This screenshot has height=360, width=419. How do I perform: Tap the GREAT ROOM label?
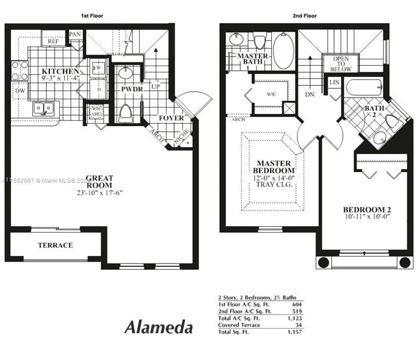coord(100,181)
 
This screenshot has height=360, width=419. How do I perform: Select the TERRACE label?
coord(55,245)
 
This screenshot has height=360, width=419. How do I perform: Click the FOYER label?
coord(171,118)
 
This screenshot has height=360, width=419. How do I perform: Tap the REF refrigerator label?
coord(54,41)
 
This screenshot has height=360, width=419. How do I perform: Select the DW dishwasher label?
coord(20,91)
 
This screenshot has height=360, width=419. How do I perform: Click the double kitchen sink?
coord(42,108)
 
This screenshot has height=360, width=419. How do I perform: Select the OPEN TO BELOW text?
coord(341,64)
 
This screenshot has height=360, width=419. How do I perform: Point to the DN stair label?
coord(309,93)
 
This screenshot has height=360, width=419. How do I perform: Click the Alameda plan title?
coord(158,327)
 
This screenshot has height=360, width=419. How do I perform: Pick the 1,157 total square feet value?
coord(294,332)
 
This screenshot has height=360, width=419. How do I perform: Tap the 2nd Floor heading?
coord(304,16)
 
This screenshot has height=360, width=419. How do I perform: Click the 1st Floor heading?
coord(91,16)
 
